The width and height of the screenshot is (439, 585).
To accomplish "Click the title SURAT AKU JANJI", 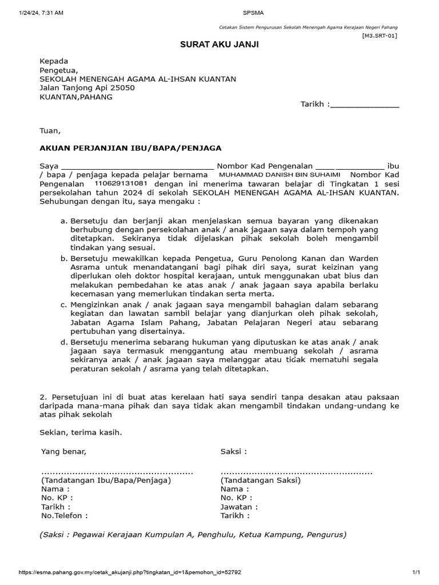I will (x=220, y=45).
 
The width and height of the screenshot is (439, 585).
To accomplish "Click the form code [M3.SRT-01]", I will (x=379, y=35).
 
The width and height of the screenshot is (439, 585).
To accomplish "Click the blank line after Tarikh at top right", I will (x=365, y=105).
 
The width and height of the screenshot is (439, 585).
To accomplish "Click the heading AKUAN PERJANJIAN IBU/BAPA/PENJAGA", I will (x=130, y=148).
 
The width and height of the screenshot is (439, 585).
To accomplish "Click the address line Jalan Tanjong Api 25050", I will (x=87, y=88).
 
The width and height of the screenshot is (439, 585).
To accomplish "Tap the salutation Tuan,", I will (x=50, y=131).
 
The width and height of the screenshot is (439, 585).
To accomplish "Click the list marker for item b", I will (x=64, y=259).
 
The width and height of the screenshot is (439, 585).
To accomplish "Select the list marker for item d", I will (x=64, y=342).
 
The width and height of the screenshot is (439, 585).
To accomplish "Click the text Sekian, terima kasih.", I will (x=81, y=432).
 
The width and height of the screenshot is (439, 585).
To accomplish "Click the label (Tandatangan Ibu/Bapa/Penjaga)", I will (x=106, y=480).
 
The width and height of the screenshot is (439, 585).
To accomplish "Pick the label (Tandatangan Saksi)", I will (x=261, y=480).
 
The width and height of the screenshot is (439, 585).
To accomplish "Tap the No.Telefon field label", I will (x=65, y=515).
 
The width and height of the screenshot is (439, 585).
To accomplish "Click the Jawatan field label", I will (x=239, y=507).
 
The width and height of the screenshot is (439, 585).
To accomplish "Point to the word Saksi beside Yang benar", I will (x=233, y=452).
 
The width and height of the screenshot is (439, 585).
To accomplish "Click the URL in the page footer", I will (x=130, y=572).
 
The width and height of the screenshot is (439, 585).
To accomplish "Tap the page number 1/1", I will (x=416, y=572).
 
